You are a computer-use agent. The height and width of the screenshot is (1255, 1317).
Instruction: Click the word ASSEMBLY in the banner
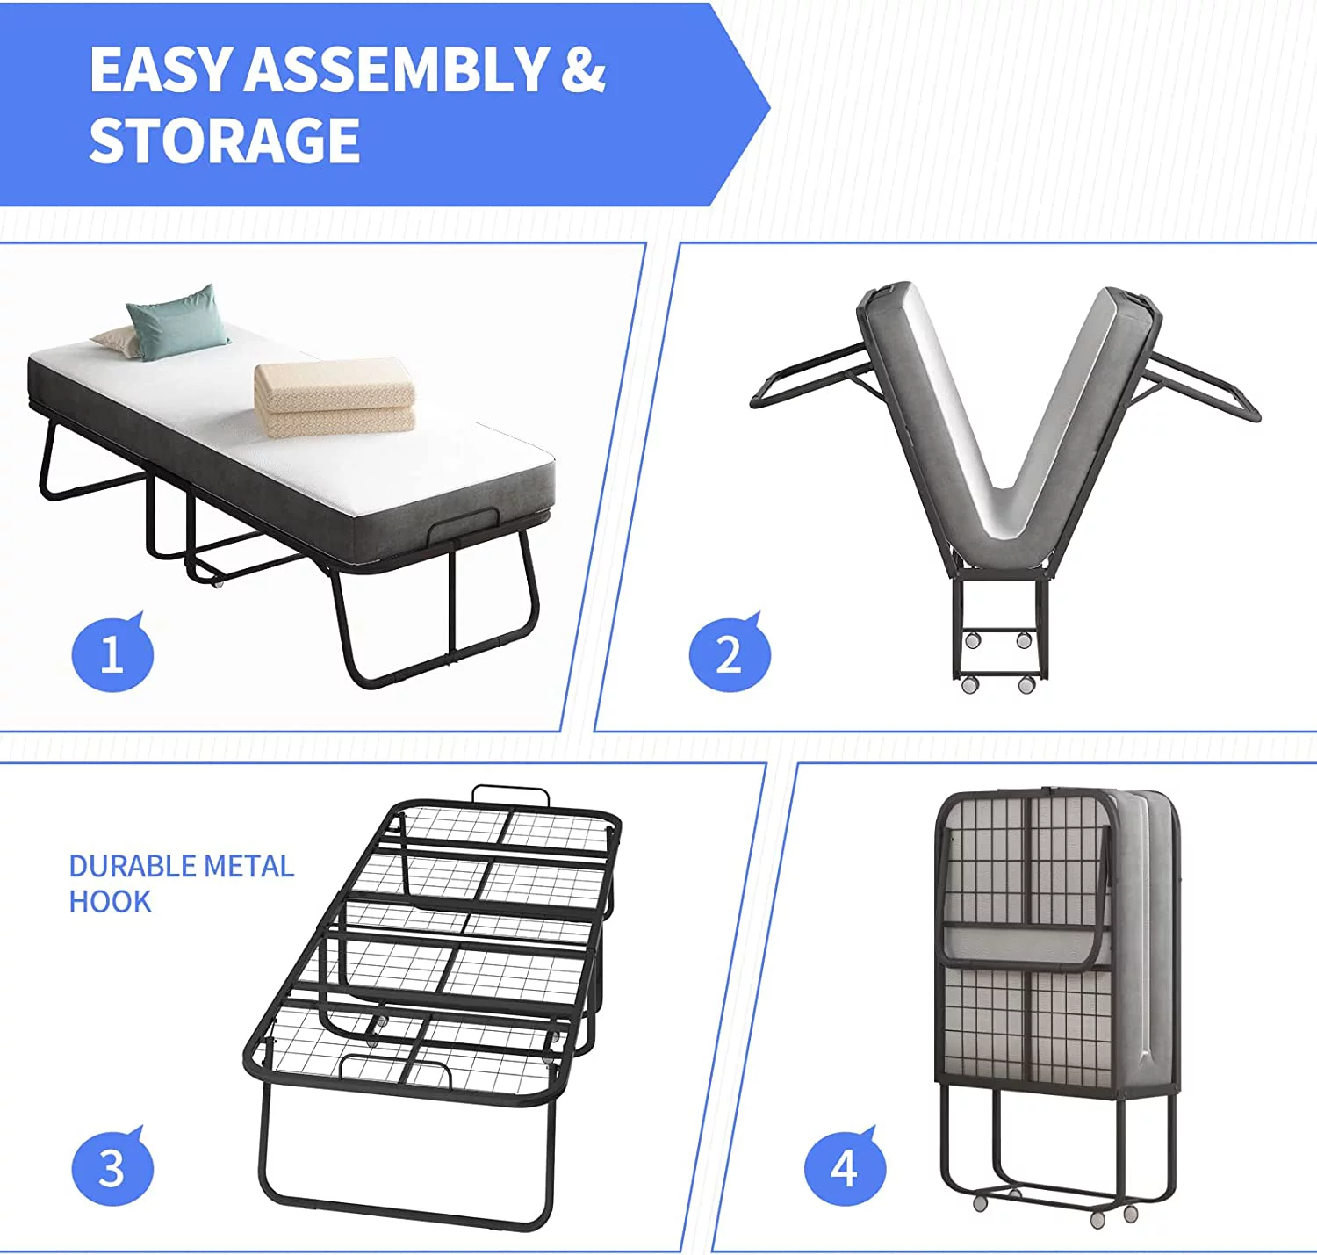click(x=395, y=69)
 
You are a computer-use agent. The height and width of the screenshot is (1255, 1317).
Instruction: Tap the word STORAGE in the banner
click(x=225, y=140)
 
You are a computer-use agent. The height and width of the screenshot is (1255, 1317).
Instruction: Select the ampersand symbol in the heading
click(x=583, y=69)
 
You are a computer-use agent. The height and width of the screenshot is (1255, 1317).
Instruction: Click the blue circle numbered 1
click(x=112, y=653)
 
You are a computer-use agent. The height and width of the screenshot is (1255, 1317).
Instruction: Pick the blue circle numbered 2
click(x=730, y=653)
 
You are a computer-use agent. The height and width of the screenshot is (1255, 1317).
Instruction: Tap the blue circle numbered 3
click(x=112, y=1169)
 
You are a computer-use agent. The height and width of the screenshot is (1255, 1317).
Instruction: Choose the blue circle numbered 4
click(x=845, y=1169)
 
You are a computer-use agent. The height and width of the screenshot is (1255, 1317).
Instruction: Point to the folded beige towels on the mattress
click(x=335, y=397)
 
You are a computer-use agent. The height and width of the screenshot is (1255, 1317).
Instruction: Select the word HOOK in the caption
click(x=111, y=902)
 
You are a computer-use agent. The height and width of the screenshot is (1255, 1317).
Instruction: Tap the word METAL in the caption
click(x=249, y=866)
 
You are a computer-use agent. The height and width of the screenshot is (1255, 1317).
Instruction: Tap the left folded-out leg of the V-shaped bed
click(x=810, y=375)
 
